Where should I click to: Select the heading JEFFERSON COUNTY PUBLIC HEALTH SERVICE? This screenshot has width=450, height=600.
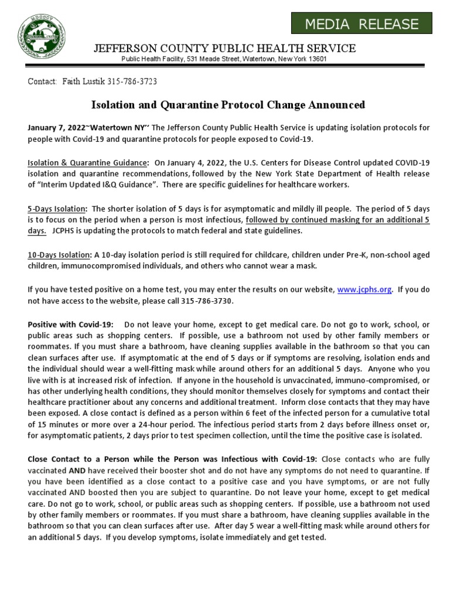coord(224,47)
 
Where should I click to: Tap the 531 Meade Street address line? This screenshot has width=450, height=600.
coord(224,59)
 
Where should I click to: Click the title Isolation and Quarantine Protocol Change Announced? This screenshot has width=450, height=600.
coord(229,105)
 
